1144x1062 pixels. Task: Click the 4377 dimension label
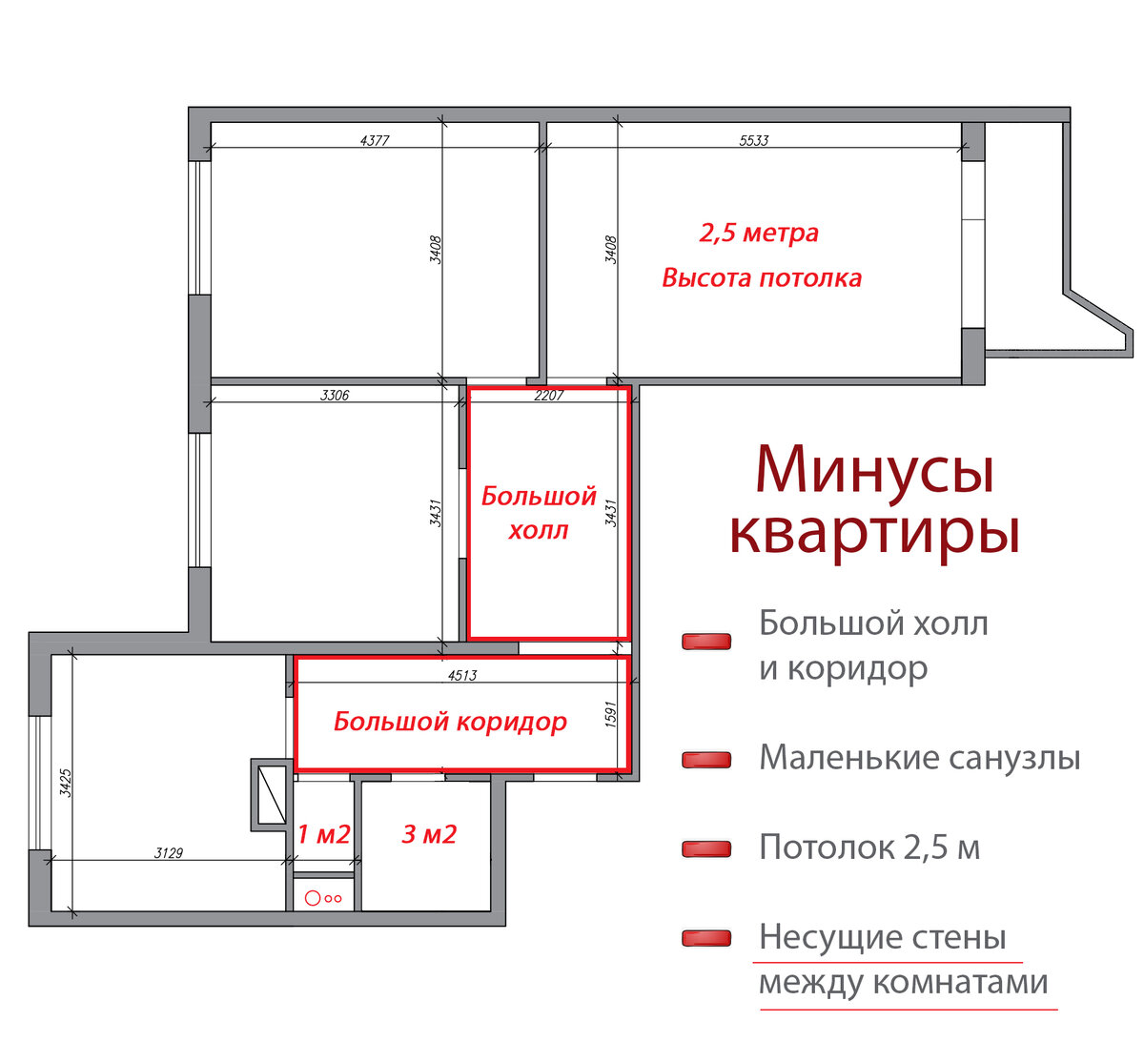375,140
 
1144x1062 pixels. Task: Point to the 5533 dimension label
753,140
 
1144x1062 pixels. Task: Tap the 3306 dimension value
334,395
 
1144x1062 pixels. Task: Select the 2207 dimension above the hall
548,396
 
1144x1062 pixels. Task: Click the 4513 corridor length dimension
461,675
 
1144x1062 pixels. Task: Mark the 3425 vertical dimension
65,783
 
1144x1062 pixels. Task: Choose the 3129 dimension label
169,853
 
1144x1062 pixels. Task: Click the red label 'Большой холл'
539,513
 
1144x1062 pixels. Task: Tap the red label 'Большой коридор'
450,722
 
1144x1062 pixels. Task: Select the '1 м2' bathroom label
323,835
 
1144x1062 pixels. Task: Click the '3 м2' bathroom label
429,835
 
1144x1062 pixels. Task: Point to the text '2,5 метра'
759,233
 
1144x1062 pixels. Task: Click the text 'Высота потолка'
762,278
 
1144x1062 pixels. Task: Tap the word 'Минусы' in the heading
874,470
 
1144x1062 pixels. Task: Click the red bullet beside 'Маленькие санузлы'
706,760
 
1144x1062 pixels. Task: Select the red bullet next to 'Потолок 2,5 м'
706,848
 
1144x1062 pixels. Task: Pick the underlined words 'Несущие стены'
882,937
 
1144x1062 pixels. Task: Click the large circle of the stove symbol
312,897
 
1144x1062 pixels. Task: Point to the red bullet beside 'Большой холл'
706,642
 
